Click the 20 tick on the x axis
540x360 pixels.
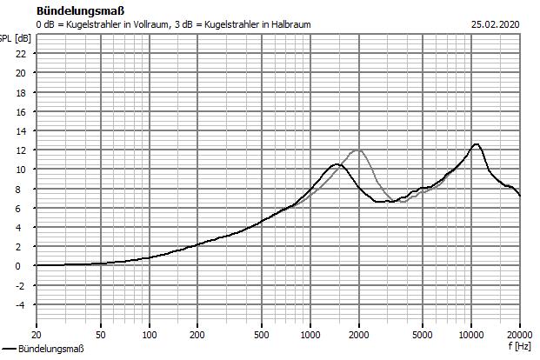click(x=36, y=334)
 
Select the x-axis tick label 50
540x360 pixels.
click(x=101, y=334)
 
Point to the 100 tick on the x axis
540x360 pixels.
click(x=150, y=334)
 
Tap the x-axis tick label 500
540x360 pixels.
click(x=262, y=334)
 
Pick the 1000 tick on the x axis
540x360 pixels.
click(x=310, y=334)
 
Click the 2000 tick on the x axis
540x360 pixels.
click(x=359, y=334)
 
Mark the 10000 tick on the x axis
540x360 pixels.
click(x=471, y=334)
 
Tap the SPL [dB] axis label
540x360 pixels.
click(x=16, y=38)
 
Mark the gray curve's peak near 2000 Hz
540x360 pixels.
click(x=357, y=150)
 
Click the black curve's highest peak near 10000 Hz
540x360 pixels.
click(x=476, y=144)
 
